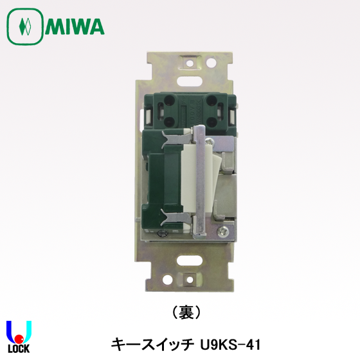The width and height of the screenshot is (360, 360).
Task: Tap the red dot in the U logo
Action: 19,338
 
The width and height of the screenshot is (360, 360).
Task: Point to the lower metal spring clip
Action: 175,217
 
